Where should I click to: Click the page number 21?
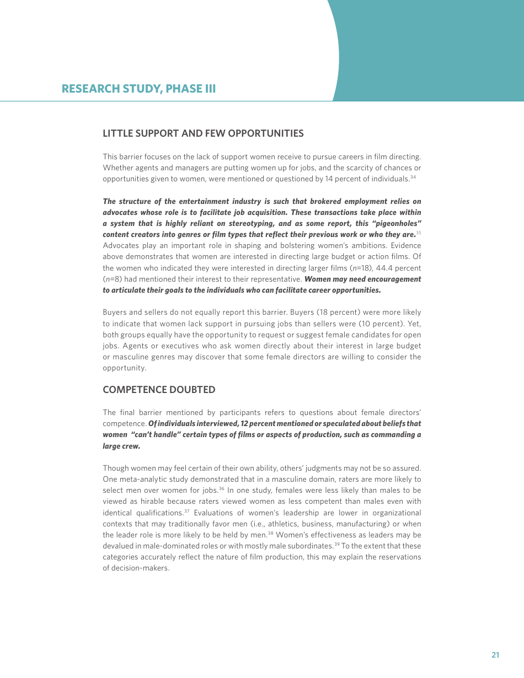495,655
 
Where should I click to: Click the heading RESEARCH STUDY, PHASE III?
138,89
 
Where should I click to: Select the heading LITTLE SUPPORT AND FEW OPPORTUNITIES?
203,133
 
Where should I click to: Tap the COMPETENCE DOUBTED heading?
159,390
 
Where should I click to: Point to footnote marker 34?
413,177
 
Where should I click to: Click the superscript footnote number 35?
419,233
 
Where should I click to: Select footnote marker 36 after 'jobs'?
221,488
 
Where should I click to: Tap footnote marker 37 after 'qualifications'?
187,511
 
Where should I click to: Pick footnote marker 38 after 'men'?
271,533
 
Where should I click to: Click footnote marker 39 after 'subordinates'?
336,544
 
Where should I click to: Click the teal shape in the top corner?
430,50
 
